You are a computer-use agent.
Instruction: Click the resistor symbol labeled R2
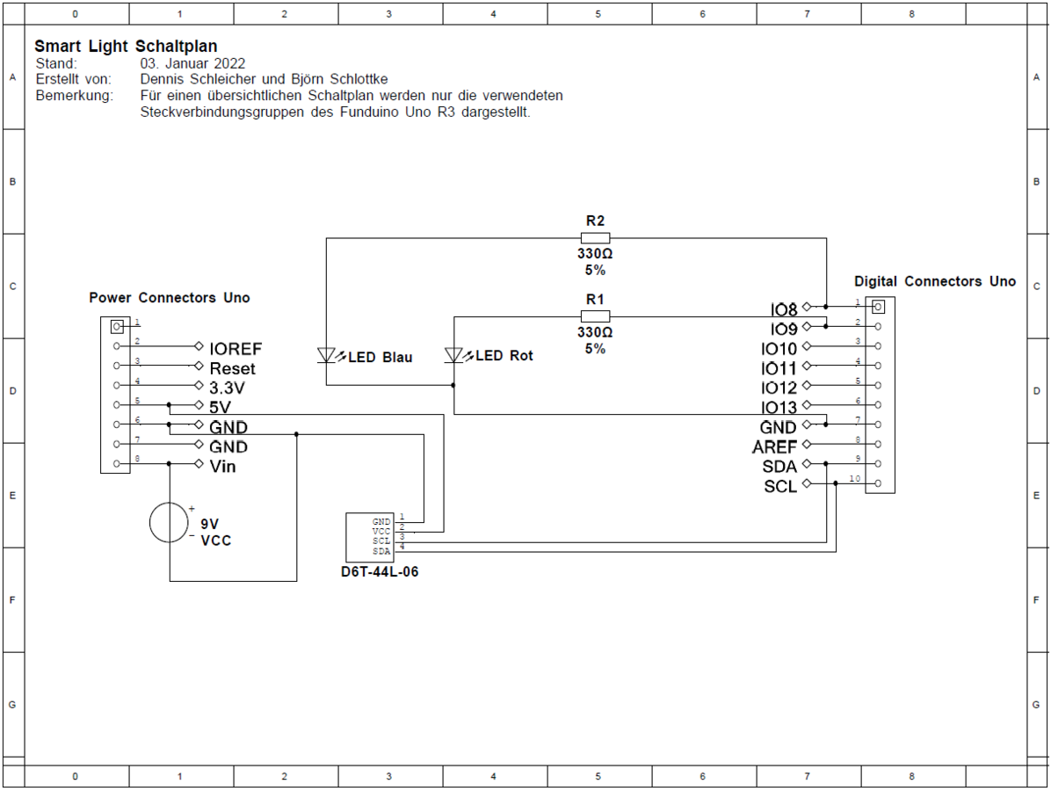pos(595,238)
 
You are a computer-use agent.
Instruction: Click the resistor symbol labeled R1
pos(595,316)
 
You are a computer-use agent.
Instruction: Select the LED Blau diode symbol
pos(326,355)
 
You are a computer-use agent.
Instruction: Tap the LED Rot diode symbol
pos(453,355)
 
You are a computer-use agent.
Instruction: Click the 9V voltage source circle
pos(169,522)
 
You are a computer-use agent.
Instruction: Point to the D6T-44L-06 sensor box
pos(370,538)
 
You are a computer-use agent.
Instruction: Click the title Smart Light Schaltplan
pos(126,47)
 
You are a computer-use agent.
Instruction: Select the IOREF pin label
pos(236,349)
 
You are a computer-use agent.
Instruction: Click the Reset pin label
pos(233,368)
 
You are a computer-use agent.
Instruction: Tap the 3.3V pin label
pos(228,388)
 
